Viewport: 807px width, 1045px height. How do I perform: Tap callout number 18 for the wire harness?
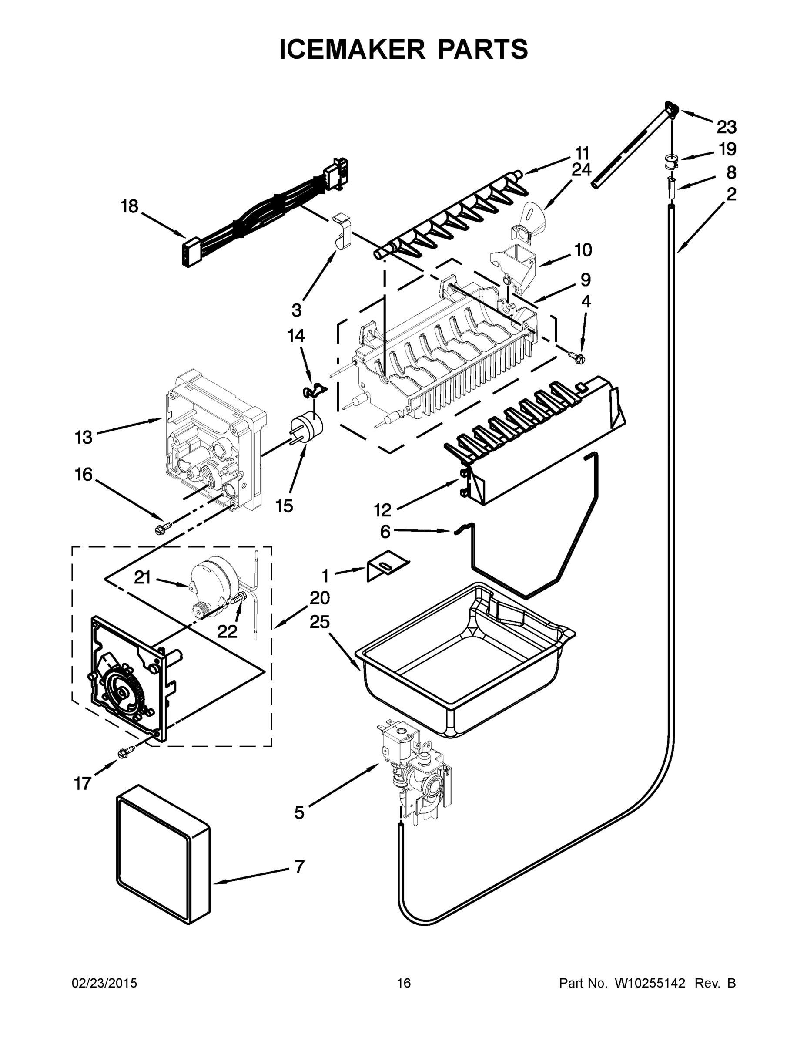click(x=129, y=207)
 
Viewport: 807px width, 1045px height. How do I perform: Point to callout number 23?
click(x=726, y=127)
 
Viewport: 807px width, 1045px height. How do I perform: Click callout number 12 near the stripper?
click(x=382, y=511)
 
